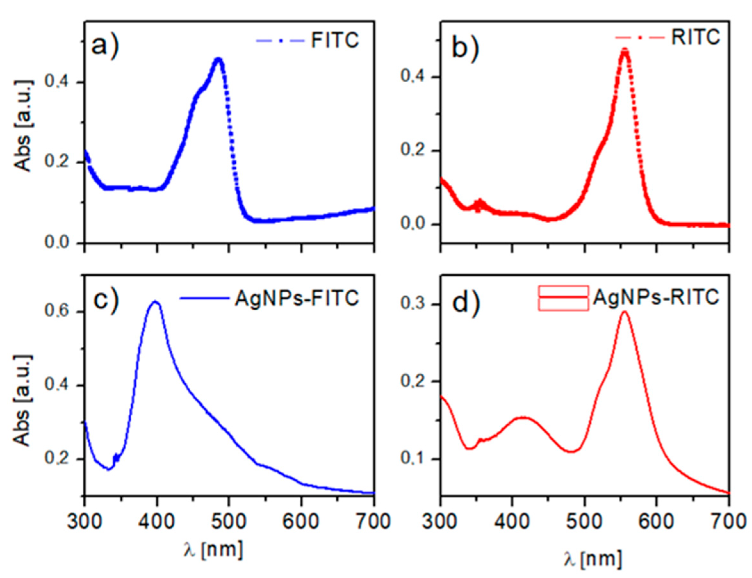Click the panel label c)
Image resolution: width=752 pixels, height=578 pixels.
tap(105, 299)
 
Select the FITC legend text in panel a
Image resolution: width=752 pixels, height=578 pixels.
tap(335, 40)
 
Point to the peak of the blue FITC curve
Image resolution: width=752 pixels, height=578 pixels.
tap(218, 60)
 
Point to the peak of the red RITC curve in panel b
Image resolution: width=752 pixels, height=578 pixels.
tap(625, 51)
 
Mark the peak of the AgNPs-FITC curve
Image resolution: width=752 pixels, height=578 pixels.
tap(156, 302)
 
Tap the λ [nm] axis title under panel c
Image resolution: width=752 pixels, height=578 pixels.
tap(213, 549)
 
